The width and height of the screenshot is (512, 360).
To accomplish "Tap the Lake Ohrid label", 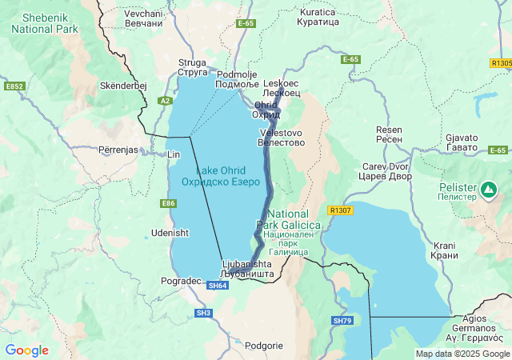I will [x=221, y=176].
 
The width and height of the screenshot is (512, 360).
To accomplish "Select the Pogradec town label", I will [x=181, y=282].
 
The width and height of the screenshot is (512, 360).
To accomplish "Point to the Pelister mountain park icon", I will [x=488, y=190].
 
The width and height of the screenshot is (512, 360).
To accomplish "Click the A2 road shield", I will [x=165, y=101].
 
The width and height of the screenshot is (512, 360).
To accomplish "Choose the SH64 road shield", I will [x=218, y=285].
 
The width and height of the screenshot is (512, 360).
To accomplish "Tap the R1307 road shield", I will [x=340, y=210].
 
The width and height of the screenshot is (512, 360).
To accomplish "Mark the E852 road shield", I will [x=14, y=86].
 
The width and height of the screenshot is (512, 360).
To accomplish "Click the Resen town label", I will [x=390, y=134].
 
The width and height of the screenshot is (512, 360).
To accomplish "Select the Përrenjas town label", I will [x=121, y=150].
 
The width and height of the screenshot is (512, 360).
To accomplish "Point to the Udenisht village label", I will [x=170, y=233].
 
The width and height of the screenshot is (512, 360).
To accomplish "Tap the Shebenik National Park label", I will [x=44, y=22].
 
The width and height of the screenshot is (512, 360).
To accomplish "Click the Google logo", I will [x=26, y=350].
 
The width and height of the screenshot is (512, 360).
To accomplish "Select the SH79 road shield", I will [x=342, y=321].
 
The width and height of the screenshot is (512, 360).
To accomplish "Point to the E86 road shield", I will [x=168, y=204].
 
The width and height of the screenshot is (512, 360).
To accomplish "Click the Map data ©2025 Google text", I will [x=462, y=354].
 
